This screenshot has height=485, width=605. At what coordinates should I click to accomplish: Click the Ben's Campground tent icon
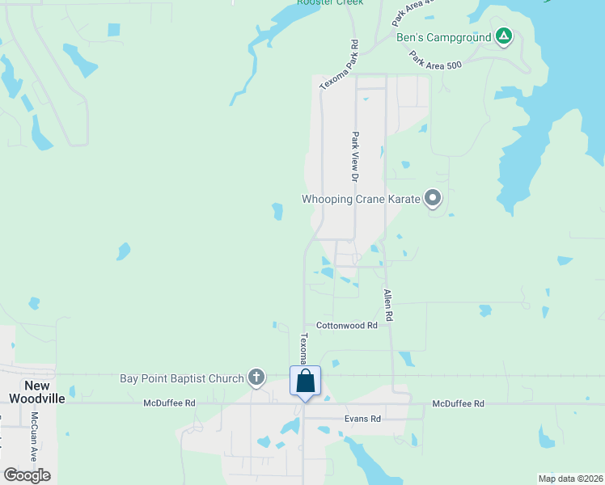coord(504,36)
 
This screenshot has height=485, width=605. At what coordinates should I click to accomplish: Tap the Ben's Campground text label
coord(443,37)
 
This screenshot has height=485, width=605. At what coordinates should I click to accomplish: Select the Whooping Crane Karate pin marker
coord(433,198)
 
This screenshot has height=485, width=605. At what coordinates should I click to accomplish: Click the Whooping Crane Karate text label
coord(362,199)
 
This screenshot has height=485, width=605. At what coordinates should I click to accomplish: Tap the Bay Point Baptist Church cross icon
coord(256,377)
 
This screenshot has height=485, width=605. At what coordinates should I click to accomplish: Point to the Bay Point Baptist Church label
coord(181,378)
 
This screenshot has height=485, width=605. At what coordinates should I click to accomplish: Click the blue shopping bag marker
coord(306,381)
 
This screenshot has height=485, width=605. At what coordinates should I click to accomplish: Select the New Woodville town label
coord(31,391)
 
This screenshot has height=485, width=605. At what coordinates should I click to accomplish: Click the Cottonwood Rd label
coord(347,326)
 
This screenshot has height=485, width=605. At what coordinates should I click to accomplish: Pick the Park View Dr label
coord(354,157)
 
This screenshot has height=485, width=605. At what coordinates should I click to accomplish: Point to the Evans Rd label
coord(362,419)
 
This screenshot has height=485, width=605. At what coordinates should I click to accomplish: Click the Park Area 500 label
coord(435,61)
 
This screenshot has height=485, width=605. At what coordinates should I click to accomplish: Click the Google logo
coord(27,475)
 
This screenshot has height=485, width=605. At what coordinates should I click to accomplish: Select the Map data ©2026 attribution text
coord(569,478)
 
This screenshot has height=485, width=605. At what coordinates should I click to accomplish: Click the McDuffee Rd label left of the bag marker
coord(170,403)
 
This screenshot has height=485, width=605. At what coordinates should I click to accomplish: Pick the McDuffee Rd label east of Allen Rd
coord(458,403)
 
